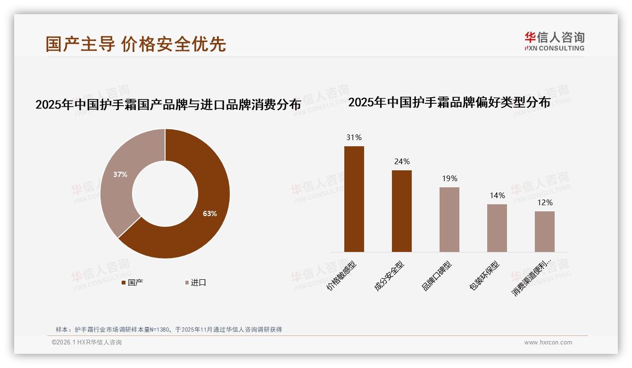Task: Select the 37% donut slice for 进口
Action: click(x=118, y=179)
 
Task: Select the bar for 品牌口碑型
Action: click(x=449, y=219)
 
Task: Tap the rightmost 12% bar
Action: click(x=544, y=231)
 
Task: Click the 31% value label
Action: click(x=354, y=138)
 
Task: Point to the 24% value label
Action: click(x=401, y=162)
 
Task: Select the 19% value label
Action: click(x=449, y=179)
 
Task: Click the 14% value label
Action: click(x=497, y=196)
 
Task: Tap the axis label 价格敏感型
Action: click(x=342, y=276)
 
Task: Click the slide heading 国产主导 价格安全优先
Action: click(x=136, y=44)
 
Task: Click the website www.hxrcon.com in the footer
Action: click(x=548, y=343)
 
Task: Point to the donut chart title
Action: click(x=168, y=104)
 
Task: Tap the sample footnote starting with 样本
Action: click(x=168, y=329)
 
